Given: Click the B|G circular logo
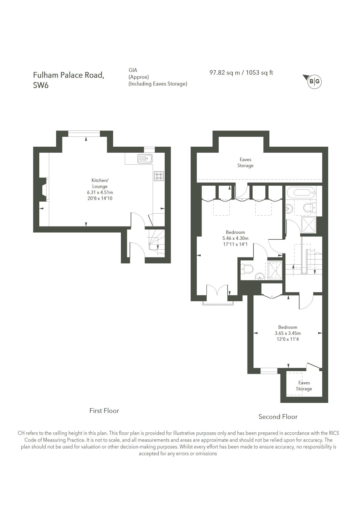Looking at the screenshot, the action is click(314, 81).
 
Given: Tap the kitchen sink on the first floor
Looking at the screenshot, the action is click(145, 158).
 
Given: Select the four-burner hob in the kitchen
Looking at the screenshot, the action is click(159, 176).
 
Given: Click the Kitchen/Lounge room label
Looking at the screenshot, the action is click(100, 183).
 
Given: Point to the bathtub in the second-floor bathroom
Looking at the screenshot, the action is click(300, 191).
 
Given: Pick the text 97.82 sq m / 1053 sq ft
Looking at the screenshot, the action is click(241, 73).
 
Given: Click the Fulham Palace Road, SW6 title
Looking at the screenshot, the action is click(69, 80).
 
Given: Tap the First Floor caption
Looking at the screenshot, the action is click(104, 411).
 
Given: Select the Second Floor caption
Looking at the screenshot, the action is click(278, 417).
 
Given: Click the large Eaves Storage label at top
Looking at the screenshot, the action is click(245, 163).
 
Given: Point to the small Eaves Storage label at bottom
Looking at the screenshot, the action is click(304, 386).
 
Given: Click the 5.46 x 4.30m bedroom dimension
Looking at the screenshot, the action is click(235, 238).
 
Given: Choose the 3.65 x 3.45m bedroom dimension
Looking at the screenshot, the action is click(288, 333).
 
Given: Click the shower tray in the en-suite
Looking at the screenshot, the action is click(275, 270).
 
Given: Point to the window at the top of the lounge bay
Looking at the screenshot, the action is click(84, 134).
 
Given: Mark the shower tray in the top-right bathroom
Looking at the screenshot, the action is click(309, 225).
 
